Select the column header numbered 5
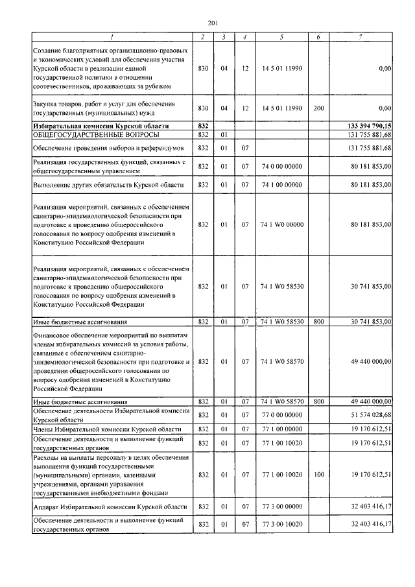[281, 37]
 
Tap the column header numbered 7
[360, 37]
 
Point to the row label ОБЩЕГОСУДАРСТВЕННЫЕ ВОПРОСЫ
[78, 134]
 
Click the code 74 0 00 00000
[281, 167]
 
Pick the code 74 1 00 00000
[281, 186]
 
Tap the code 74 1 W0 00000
[281, 224]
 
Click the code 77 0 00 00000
[281, 414]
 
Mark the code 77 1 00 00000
[281, 430]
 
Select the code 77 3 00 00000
[281, 506]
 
